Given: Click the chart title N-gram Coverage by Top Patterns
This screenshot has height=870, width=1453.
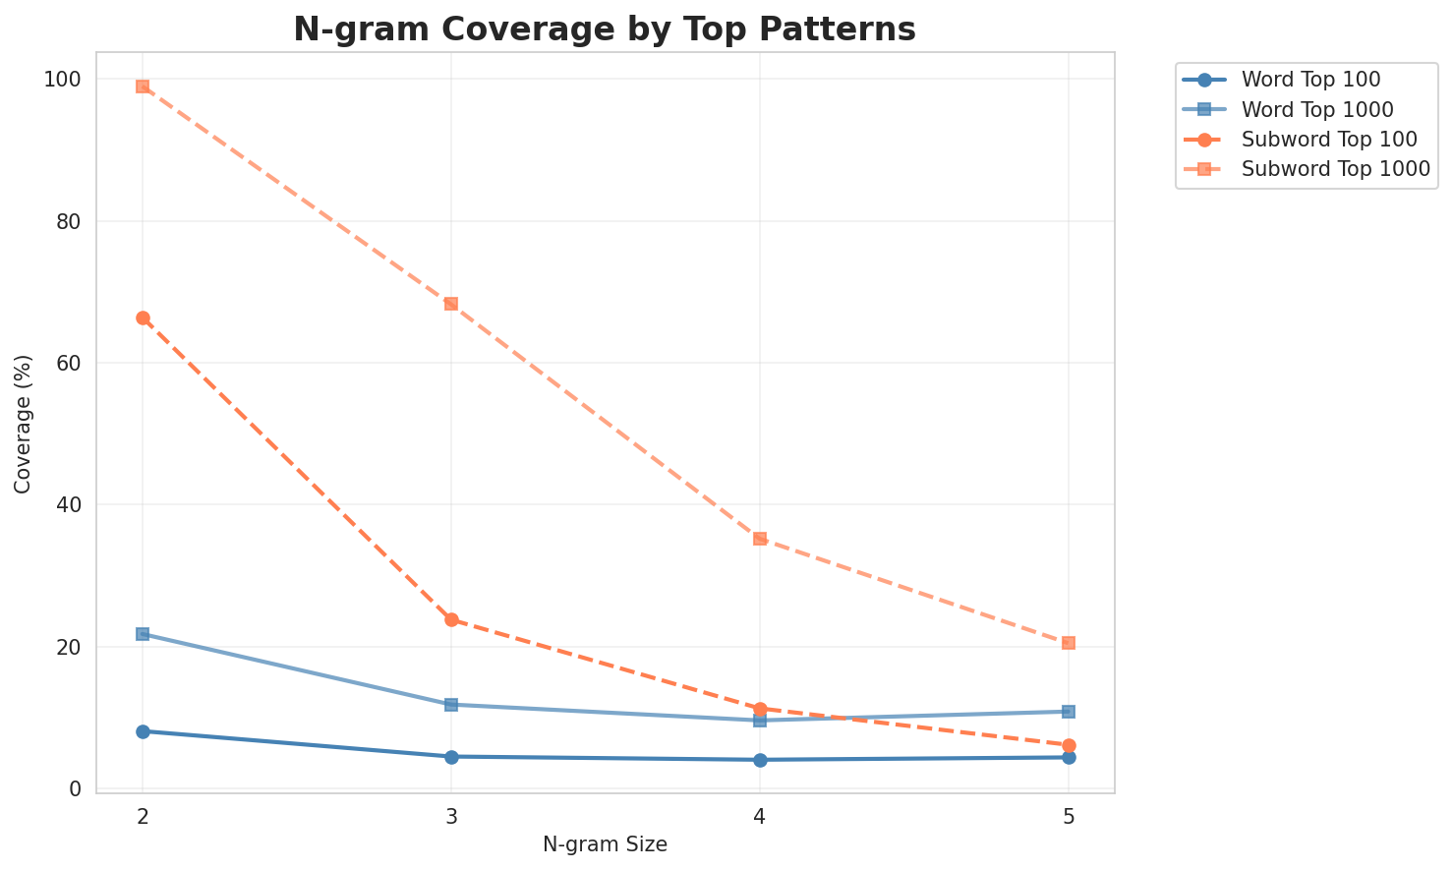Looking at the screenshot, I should point(605,29).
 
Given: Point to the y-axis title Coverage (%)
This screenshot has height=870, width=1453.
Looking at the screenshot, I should point(23,424).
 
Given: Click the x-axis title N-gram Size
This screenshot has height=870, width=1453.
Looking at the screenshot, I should point(605,844).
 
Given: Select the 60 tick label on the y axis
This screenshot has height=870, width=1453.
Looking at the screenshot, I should point(68,364).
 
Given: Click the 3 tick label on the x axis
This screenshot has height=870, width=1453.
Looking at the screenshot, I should point(451,817).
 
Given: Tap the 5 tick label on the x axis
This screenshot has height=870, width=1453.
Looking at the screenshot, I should point(1069,817).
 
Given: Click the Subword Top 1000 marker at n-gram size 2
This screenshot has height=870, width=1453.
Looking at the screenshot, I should point(143,87).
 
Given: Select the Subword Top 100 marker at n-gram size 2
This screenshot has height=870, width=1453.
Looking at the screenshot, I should point(143,319).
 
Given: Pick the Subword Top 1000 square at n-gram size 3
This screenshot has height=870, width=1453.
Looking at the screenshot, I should point(451,304).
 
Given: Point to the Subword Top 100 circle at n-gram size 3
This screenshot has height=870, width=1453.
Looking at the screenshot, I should point(451,620).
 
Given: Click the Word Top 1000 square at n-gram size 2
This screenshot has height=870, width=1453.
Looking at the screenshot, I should point(143,634).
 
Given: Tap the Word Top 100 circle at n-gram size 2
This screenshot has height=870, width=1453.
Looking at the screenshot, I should point(143,731).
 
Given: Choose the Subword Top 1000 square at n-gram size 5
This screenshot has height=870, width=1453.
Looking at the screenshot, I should point(1069,643).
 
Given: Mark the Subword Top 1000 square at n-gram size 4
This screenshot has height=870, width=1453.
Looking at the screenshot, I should point(760,539).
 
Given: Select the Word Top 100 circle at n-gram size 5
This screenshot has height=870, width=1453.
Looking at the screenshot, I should point(1069,757).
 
